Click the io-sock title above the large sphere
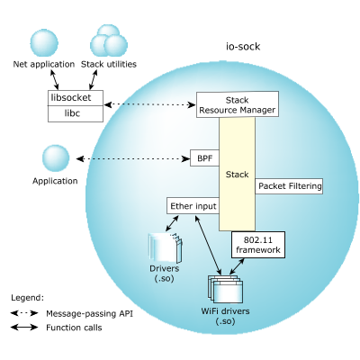point(243,47)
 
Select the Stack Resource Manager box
point(238,104)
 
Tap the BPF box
point(204,157)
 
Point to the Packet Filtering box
point(289,186)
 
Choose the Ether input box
point(193,206)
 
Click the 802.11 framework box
point(258,245)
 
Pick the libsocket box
point(76,98)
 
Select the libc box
point(76,113)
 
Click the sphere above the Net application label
point(44,43)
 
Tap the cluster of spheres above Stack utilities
point(109,40)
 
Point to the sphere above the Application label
point(56,158)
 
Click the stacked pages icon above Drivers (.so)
point(166,248)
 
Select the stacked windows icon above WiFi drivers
point(226,289)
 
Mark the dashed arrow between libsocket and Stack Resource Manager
point(149,104)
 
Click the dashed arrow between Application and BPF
point(133,158)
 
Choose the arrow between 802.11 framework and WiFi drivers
point(237,265)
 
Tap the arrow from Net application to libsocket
point(54,80)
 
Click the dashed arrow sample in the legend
point(24,313)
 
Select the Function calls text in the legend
point(74,328)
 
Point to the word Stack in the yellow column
point(237,175)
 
